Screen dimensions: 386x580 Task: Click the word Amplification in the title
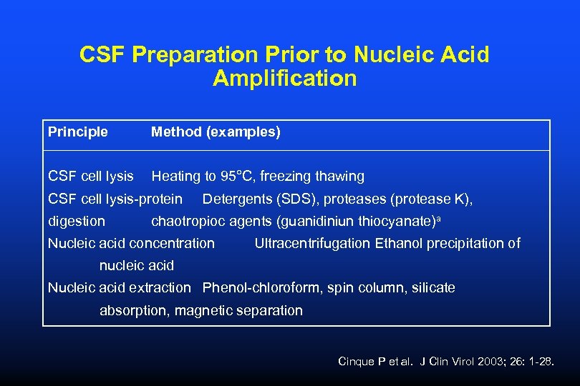(x=284, y=78)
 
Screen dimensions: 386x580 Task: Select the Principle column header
(x=78, y=132)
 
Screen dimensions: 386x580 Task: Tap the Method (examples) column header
(x=216, y=132)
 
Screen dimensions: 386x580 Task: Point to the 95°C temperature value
(x=237, y=176)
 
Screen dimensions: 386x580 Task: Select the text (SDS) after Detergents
(x=292, y=199)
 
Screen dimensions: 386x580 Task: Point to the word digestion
(x=77, y=221)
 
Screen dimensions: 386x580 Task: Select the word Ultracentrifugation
(x=313, y=243)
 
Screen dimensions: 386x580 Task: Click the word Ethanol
(x=398, y=243)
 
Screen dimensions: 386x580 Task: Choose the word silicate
(x=432, y=288)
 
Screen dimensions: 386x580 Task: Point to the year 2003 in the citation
(x=490, y=362)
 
